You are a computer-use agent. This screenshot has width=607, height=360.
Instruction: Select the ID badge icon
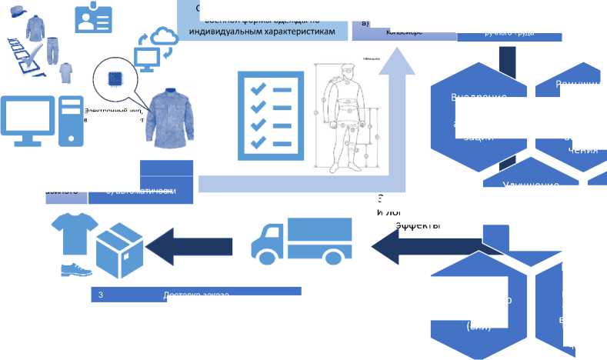pyautogui.click(x=93, y=18)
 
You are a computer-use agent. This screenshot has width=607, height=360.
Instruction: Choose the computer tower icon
pyautogui.click(x=69, y=120)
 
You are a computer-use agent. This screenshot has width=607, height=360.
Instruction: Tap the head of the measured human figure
pyautogui.click(x=348, y=74)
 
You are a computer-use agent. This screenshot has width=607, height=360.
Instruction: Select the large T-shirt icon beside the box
pyautogui.click(x=74, y=230)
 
